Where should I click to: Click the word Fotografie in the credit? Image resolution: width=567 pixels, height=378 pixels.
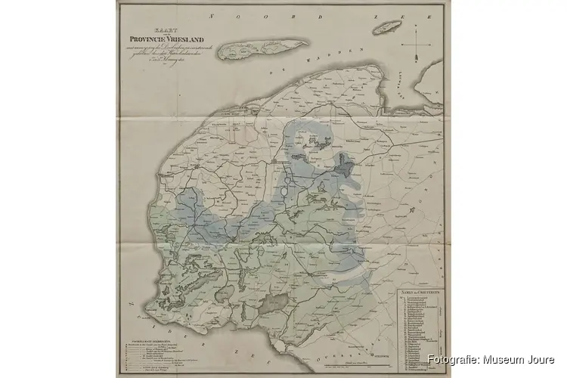(451, 360)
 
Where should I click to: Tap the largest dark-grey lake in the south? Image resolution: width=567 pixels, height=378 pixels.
(274, 303)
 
